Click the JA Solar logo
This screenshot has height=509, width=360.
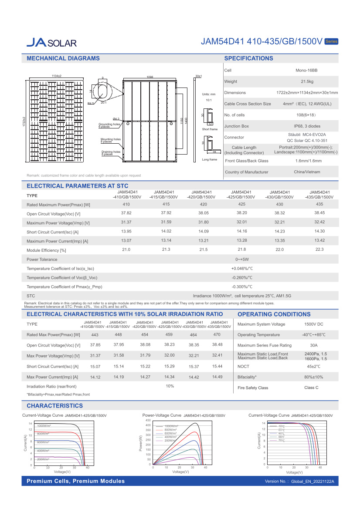pyautogui.click(x=51, y=42)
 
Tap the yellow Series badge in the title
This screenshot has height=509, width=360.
pyautogui.click(x=331, y=41)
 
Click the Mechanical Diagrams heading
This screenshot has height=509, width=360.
pyautogui.click(x=63, y=58)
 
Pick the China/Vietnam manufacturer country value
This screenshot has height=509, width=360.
pyautogui.click(x=307, y=172)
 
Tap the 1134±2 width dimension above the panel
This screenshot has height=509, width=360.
pyautogui.click(x=57, y=76)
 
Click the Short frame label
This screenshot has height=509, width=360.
pyautogui.click(x=210, y=129)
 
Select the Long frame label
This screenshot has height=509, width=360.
pyautogui.click(x=209, y=160)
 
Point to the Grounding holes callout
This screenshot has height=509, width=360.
pyautogui.click(x=110, y=125)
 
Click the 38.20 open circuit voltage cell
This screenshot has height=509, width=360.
pyautogui.click(x=242, y=213)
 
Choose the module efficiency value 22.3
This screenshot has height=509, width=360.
pyautogui.click(x=319, y=249)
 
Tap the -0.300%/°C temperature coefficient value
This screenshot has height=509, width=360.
pyautogui.click(x=242, y=287)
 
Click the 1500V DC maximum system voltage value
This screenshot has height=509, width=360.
pyautogui.click(x=313, y=324)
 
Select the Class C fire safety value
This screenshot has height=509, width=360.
pyautogui.click(x=311, y=388)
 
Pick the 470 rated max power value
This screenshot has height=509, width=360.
pyautogui.click(x=217, y=334)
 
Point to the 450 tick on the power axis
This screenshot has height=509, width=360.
pyautogui.click(x=148, y=420)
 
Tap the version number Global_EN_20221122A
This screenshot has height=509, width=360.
pyautogui.click(x=315, y=481)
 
